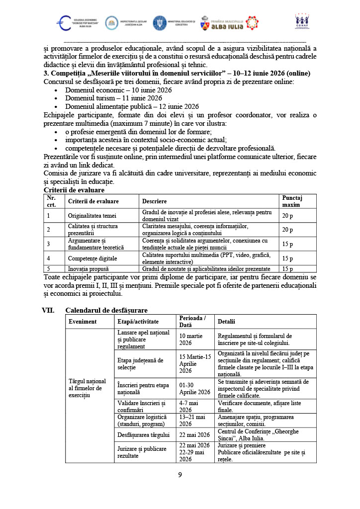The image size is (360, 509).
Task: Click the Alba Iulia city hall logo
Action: tap(229, 23)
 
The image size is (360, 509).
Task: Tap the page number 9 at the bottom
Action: tap(180, 475)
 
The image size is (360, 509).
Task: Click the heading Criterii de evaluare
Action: tap(74, 190)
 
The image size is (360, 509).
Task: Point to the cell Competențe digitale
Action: tap(92, 258)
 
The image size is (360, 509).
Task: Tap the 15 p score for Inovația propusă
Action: tap(287, 269)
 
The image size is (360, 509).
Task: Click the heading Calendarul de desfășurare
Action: tap(106, 310)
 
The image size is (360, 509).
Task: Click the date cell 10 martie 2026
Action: tap(191, 339)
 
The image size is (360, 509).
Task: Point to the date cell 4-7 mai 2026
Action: tap(189, 407)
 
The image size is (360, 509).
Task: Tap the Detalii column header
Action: tap(226, 322)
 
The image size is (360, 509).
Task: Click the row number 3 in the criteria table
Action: tap(48, 244)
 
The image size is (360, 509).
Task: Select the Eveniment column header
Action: tap(83, 322)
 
